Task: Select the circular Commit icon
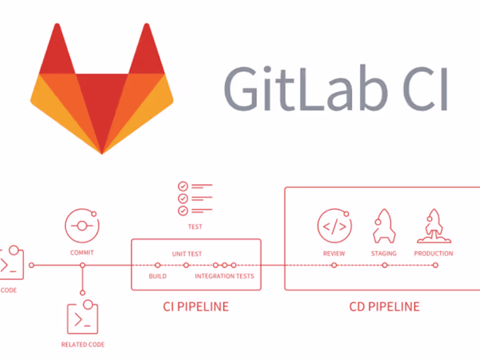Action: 82,226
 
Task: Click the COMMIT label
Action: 82,253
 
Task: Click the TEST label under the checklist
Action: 195,227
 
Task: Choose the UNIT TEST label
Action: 187,254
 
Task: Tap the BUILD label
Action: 157,277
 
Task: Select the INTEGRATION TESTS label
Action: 224,277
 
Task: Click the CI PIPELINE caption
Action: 196,307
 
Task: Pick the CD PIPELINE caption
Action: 385,307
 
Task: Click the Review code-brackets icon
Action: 334,226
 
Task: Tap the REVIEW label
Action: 334,253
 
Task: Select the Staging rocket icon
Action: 384,225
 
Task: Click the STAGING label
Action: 384,253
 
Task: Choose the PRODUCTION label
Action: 433,253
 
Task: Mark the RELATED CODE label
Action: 83,344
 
